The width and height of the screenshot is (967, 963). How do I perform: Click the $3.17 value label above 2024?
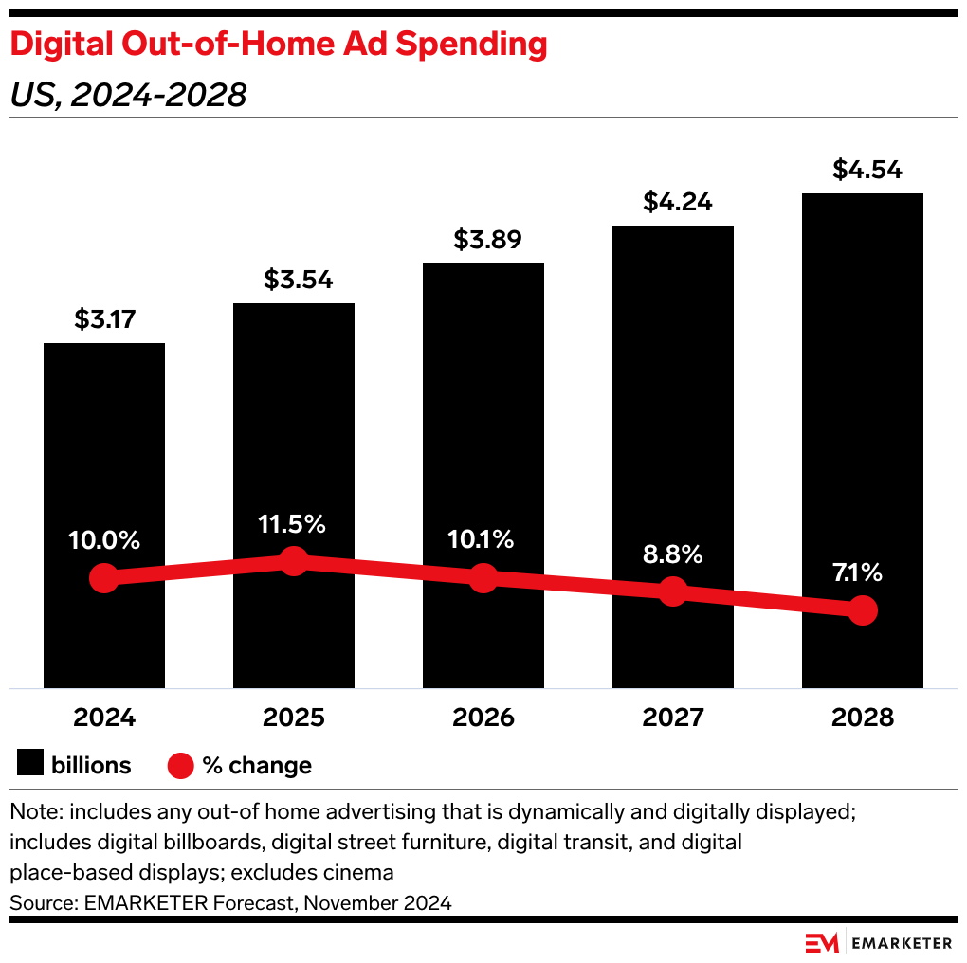tap(104, 319)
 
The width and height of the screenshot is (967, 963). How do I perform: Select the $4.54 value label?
tap(863, 171)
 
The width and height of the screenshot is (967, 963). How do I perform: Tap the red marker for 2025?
tap(294, 561)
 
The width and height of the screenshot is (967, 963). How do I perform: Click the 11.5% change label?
tap(294, 523)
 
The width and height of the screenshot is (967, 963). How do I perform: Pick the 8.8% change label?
tap(673, 554)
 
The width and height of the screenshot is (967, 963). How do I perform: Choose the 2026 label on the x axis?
tap(483, 718)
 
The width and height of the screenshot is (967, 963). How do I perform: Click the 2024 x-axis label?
tap(104, 718)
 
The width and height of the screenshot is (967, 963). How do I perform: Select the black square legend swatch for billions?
tap(30, 764)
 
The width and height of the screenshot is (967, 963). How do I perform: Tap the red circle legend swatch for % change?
tap(180, 765)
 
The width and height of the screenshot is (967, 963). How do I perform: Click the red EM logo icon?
tap(822, 943)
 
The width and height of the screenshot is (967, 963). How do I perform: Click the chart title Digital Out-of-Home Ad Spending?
tap(279, 44)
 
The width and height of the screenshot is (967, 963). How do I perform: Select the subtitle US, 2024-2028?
tap(128, 95)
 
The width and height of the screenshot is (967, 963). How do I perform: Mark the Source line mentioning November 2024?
tap(230, 903)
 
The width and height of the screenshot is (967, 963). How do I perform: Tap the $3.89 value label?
tap(483, 240)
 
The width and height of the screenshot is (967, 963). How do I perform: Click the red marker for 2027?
tap(673, 591)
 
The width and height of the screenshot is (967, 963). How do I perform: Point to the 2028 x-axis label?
tap(863, 718)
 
